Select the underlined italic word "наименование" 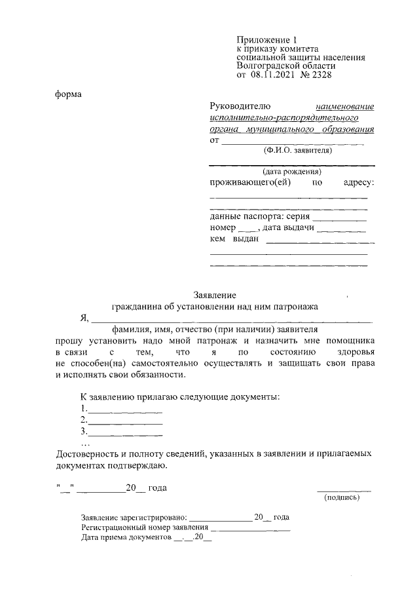click(344, 106)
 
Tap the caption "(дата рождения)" click(291, 172)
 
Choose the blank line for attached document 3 click(125, 434)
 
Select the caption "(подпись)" click(342, 497)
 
